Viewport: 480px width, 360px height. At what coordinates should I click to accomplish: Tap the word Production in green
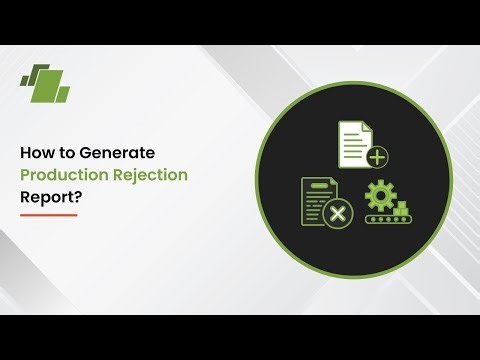61,175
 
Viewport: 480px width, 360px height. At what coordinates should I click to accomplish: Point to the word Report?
50,196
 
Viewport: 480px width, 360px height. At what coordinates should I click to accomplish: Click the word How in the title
35,154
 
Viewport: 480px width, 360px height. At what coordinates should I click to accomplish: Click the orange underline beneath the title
48,214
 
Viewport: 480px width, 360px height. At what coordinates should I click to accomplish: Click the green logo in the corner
46,82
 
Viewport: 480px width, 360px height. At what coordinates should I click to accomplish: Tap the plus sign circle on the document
377,157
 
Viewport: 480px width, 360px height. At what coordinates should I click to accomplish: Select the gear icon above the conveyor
380,195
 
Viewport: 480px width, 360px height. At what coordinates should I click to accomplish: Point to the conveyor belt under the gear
388,218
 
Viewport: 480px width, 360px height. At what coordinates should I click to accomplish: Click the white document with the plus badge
355,143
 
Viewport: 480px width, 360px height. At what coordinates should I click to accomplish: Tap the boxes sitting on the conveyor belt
403,207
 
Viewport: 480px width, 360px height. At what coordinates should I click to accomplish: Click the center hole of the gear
380,195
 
